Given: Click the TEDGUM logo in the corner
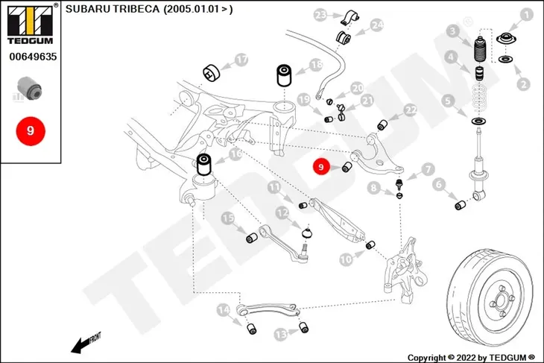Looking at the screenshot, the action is tap(31, 25).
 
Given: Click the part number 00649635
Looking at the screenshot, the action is tap(33, 57).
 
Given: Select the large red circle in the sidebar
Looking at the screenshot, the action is tap(31, 131).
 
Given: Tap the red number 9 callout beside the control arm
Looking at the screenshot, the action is tap(321, 167).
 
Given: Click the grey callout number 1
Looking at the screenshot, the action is tap(527, 15).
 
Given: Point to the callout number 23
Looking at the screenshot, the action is tap(320, 15).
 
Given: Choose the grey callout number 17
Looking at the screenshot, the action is tap(241, 60).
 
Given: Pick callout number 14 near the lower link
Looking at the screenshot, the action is tap(223, 309).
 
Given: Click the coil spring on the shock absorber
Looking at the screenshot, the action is tap(479, 101).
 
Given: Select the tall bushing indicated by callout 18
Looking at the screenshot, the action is tap(283, 75).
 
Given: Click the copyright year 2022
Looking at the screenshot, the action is tap(466, 357).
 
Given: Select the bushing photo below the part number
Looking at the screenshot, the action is tap(30, 88).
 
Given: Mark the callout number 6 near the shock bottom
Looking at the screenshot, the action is tap(439, 184).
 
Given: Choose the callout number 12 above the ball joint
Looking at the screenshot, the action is tap(282, 213).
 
